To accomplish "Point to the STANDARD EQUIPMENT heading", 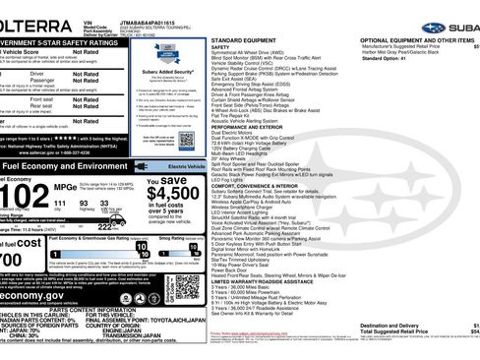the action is coord(242,39).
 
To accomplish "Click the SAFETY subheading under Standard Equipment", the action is coord(219,46).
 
